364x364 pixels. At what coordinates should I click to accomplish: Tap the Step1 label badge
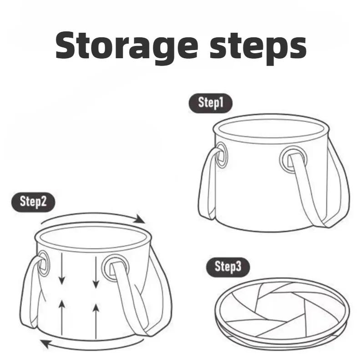tap(210, 103)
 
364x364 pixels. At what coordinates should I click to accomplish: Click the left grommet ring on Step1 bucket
tap(222, 154)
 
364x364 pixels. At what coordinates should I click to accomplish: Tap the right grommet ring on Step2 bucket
tap(112, 267)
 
